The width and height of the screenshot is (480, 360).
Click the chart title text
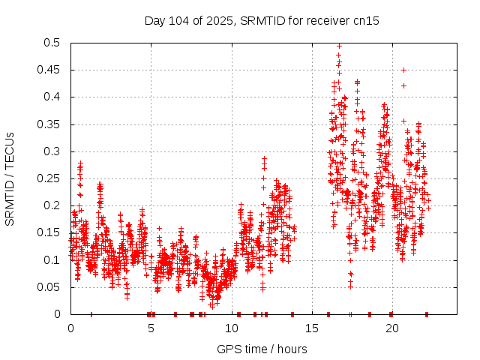click(x=262, y=21)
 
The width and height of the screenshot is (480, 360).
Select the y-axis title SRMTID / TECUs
click(x=10, y=178)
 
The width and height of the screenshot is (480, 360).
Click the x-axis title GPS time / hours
click(x=262, y=349)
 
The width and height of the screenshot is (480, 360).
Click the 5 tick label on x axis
click(x=151, y=328)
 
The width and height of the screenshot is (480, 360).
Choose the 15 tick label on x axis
click(x=311, y=328)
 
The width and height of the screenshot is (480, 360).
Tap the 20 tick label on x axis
click(x=391, y=328)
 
